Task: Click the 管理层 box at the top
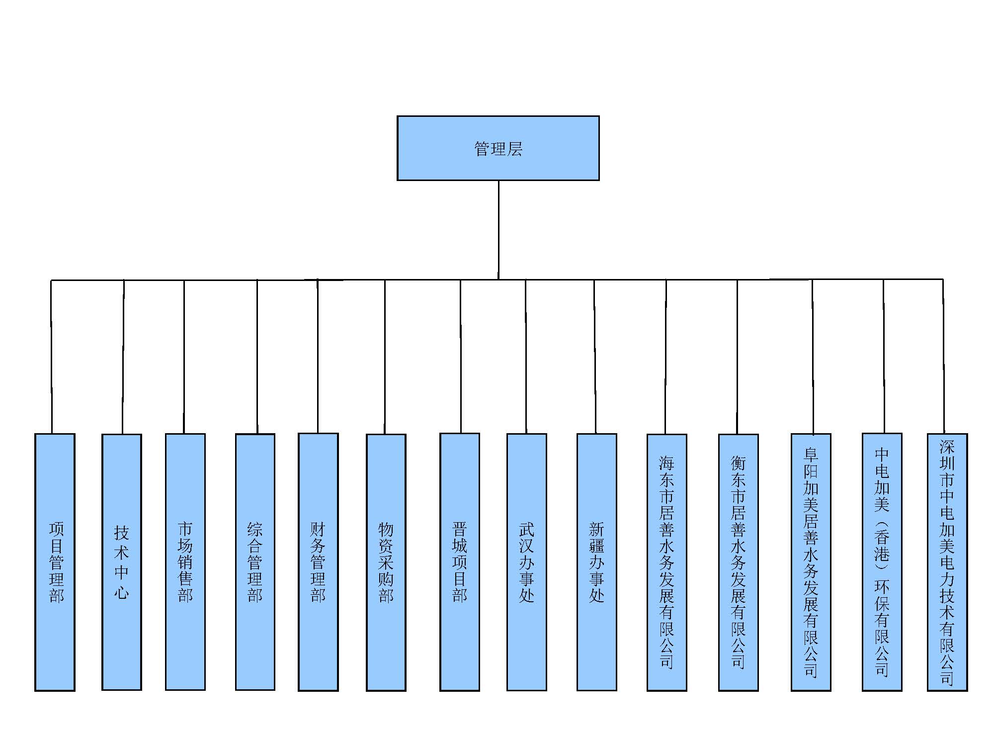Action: click(x=498, y=148)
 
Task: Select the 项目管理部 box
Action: click(x=55, y=562)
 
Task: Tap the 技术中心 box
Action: click(x=122, y=562)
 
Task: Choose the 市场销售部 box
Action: click(x=185, y=562)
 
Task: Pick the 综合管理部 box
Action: click(x=255, y=562)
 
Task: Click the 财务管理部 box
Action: click(x=318, y=562)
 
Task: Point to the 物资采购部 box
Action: click(x=386, y=562)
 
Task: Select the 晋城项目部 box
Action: click(x=460, y=562)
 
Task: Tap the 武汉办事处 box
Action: click(x=527, y=562)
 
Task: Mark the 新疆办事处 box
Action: click(x=597, y=562)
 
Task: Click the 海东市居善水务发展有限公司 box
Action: click(x=667, y=562)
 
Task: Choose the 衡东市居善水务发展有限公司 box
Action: click(x=739, y=562)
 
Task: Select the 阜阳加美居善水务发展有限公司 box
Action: click(x=811, y=562)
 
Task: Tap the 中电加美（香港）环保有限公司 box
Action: click(x=882, y=562)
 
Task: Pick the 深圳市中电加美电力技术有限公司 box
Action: click(x=947, y=562)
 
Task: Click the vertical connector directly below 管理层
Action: click(x=498, y=230)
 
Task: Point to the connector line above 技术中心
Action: click(x=123, y=357)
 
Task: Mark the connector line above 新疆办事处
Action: click(x=595, y=357)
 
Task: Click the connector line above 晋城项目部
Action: click(x=461, y=357)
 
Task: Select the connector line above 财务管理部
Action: click(x=318, y=356)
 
